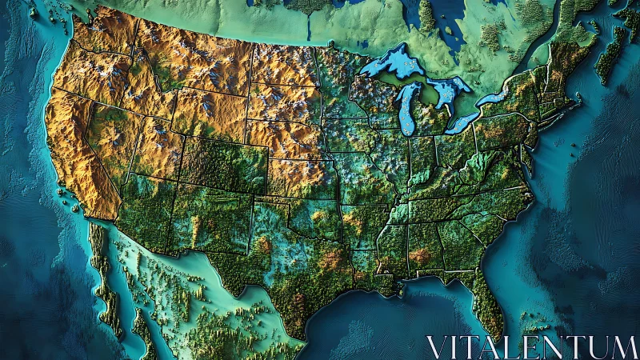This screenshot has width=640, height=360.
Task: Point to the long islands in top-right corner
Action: (612, 52)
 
